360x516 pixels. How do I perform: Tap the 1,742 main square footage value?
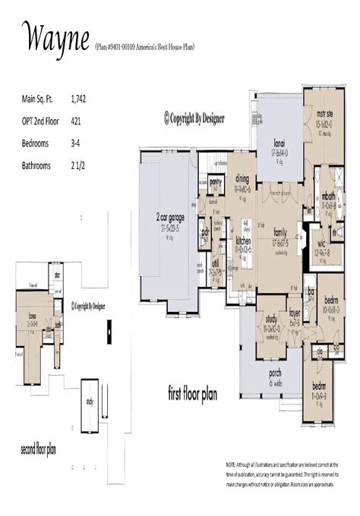78,99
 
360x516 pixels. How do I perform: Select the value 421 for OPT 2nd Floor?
76,121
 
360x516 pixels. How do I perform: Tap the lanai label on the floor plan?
280,142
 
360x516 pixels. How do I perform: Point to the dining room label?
243,180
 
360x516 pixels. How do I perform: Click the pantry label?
216,182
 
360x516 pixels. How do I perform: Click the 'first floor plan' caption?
204,394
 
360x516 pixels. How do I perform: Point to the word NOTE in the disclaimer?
232,464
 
